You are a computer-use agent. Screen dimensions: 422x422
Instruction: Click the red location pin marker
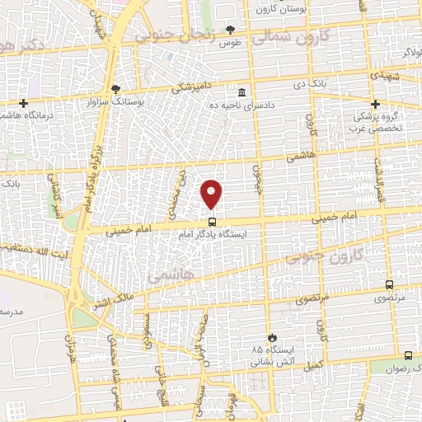212,194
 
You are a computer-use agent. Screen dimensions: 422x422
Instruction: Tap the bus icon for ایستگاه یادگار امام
212,221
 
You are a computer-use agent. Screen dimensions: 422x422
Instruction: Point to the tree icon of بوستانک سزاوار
115,88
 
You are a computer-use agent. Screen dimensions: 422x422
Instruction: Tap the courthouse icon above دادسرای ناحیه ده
241,91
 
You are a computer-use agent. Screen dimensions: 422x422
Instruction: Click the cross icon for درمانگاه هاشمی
24,104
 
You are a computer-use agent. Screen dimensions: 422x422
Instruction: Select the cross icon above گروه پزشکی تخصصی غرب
375,104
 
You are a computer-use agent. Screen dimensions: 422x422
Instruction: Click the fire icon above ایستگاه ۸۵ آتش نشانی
272,337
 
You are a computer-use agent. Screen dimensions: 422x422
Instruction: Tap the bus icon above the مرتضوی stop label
389,284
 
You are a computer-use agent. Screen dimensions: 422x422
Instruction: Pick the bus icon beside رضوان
409,356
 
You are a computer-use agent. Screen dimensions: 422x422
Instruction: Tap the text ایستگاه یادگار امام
218,234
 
